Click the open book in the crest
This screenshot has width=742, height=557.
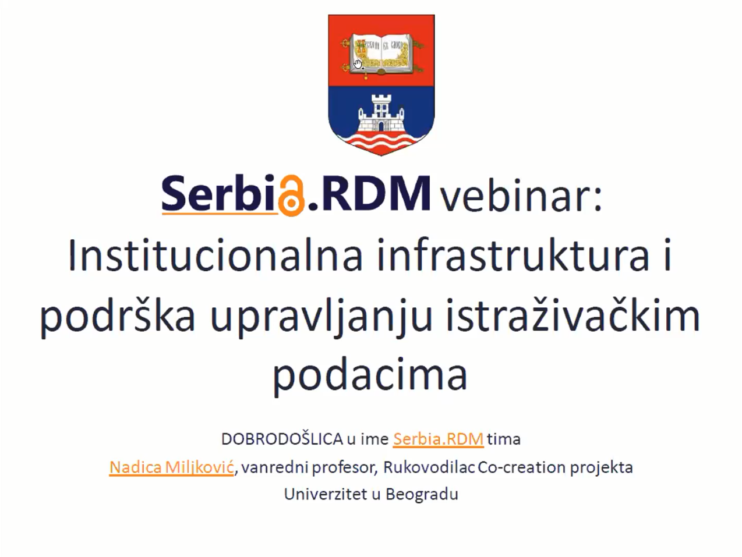381,54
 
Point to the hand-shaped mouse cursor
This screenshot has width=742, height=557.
358,64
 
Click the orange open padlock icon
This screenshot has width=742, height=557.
291,196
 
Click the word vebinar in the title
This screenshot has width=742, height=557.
521,196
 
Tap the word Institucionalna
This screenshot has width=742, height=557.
215,256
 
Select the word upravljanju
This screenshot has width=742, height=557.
321,317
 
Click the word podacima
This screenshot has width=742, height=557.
370,375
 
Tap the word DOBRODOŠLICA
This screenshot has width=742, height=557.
282,439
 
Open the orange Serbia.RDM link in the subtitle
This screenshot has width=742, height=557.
438,439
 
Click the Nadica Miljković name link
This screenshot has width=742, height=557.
171,467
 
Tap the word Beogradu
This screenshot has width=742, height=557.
422,495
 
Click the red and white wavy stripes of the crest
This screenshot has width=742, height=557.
381,141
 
